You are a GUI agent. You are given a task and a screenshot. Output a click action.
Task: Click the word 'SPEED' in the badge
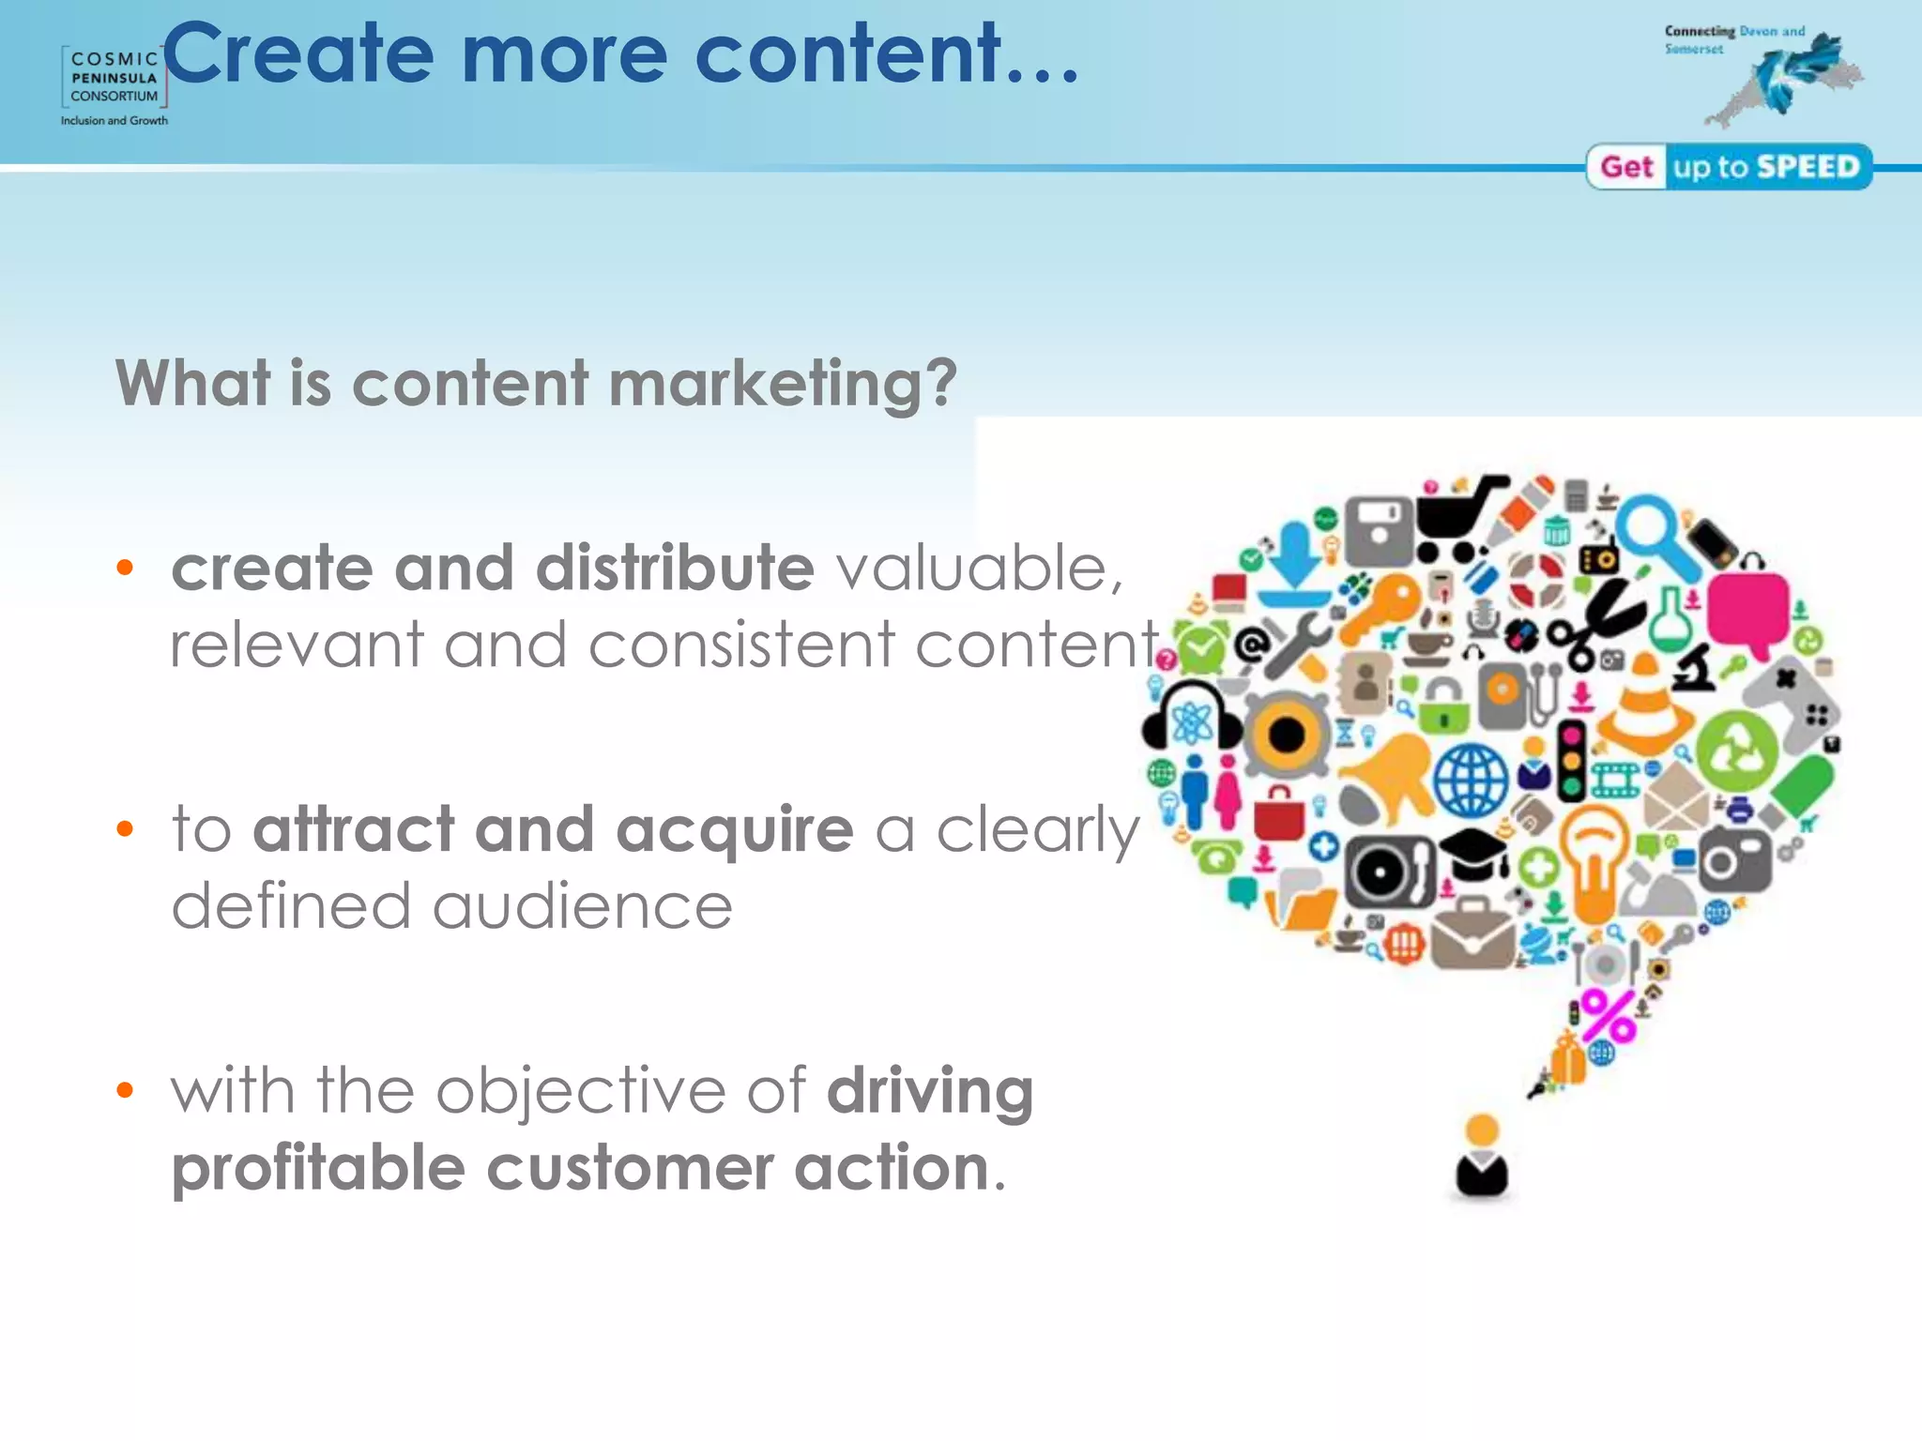click(x=1808, y=167)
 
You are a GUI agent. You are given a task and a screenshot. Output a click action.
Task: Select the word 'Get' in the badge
click(x=1626, y=167)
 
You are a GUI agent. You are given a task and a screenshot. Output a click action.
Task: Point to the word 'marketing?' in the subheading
click(x=784, y=385)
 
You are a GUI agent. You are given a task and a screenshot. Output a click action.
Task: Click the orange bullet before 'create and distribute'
click(x=125, y=567)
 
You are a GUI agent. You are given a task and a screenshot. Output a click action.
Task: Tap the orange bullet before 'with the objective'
click(x=125, y=1090)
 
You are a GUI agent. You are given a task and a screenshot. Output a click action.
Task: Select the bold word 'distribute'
click(x=675, y=569)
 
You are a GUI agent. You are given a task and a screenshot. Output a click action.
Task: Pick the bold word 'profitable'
click(x=318, y=1169)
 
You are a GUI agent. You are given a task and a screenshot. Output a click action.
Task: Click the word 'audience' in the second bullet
click(x=582, y=906)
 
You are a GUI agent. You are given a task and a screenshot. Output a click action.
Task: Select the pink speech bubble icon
click(x=1747, y=614)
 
